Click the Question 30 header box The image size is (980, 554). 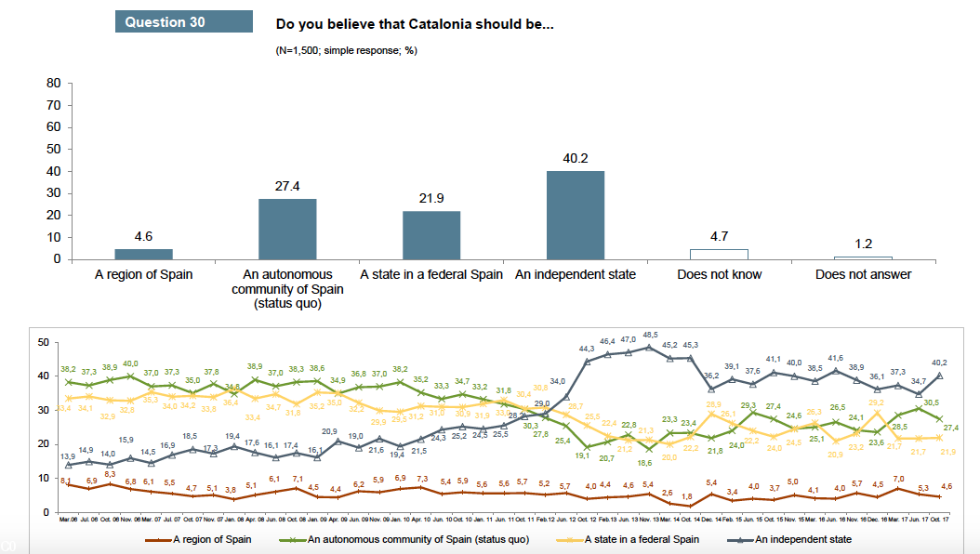coord(183,21)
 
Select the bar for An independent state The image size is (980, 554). coord(575,215)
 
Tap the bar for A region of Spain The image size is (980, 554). coord(143,254)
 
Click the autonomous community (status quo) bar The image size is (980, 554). coord(286,229)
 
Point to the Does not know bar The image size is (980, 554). coord(719,254)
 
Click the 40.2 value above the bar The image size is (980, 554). coord(576,159)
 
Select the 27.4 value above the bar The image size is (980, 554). coord(286,187)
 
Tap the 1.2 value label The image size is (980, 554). coord(863,244)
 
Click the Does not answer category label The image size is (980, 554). coord(863,274)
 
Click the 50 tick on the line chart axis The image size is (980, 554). coord(43,343)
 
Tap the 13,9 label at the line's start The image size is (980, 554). coord(69,455)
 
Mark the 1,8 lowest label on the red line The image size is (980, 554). coord(686,496)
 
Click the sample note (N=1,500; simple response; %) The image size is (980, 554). coord(347,50)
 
